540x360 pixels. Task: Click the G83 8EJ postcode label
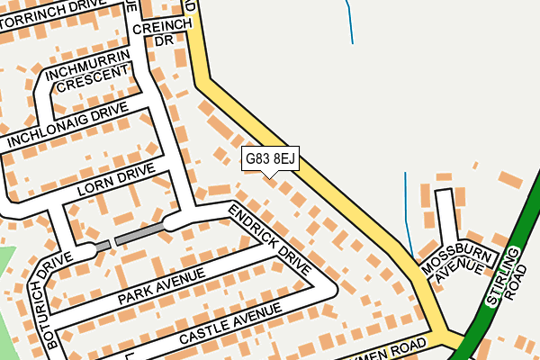270,159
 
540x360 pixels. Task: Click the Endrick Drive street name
269,238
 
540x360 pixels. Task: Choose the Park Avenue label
159,285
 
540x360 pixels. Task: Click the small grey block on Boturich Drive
103,246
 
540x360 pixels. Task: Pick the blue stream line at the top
349,22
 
